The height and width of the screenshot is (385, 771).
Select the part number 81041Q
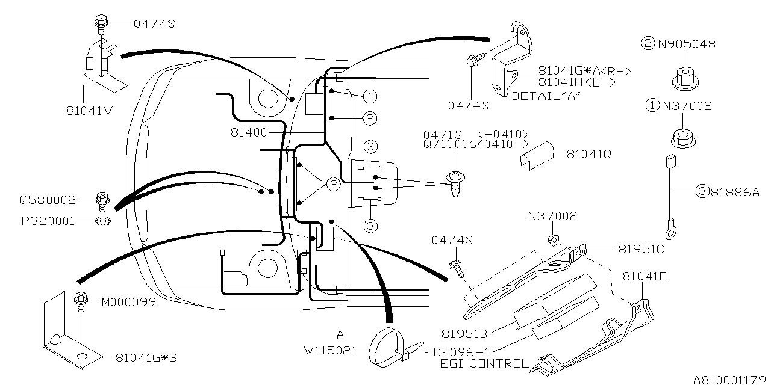[x=588, y=154]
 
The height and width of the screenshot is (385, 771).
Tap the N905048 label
[x=687, y=44]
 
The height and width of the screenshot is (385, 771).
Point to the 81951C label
[x=641, y=248]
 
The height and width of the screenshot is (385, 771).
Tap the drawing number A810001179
[x=730, y=379]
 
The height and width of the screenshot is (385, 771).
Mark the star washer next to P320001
[x=102, y=221]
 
